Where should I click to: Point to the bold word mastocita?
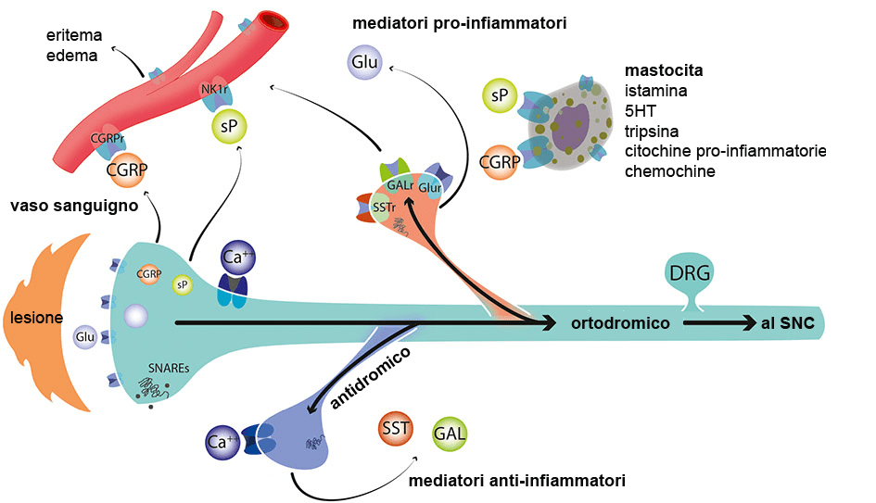tap(665, 71)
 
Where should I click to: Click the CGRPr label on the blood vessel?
tap(108, 139)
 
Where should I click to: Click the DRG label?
tap(688, 273)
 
